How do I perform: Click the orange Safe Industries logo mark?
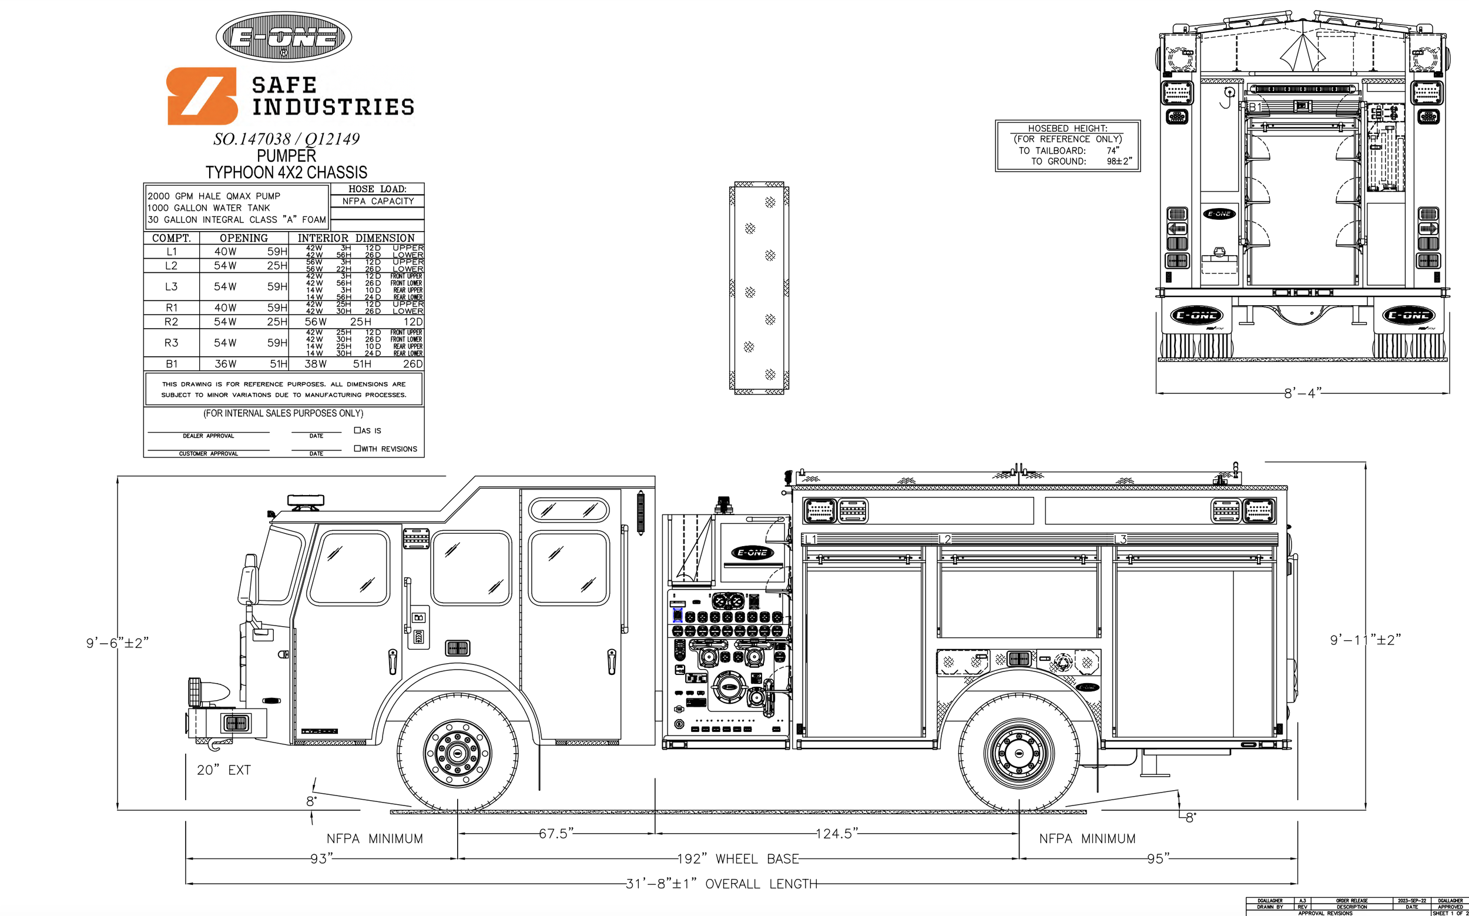point(202,96)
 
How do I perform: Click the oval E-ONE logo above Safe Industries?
point(283,37)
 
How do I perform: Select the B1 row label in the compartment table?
point(172,364)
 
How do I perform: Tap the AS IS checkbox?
point(357,430)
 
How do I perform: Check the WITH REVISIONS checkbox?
point(357,449)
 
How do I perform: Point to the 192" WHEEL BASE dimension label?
point(737,859)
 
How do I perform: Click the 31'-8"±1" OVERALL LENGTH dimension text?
point(721,884)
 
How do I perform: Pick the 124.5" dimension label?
point(837,834)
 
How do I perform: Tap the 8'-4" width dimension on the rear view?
point(1302,393)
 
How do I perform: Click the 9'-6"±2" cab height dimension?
point(117,643)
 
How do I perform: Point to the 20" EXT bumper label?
point(223,770)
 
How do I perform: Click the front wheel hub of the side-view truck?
point(457,754)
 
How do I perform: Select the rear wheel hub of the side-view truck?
point(1019,754)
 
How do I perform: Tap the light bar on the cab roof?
point(305,501)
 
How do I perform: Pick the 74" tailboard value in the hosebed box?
point(1112,151)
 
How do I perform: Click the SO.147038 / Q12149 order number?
point(286,139)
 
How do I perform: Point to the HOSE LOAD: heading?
point(377,189)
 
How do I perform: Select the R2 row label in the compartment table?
point(172,322)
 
